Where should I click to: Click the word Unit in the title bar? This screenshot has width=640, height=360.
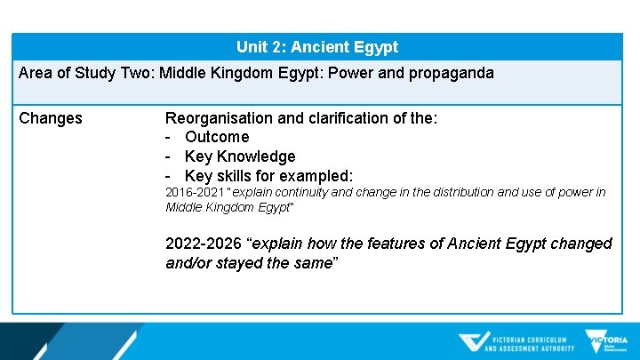(252, 47)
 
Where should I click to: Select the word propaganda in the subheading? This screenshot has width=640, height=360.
(451, 73)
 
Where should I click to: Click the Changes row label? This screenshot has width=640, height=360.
(51, 118)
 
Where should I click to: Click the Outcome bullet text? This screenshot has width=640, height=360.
(217, 137)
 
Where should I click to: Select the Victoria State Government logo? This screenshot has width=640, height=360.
(606, 342)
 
